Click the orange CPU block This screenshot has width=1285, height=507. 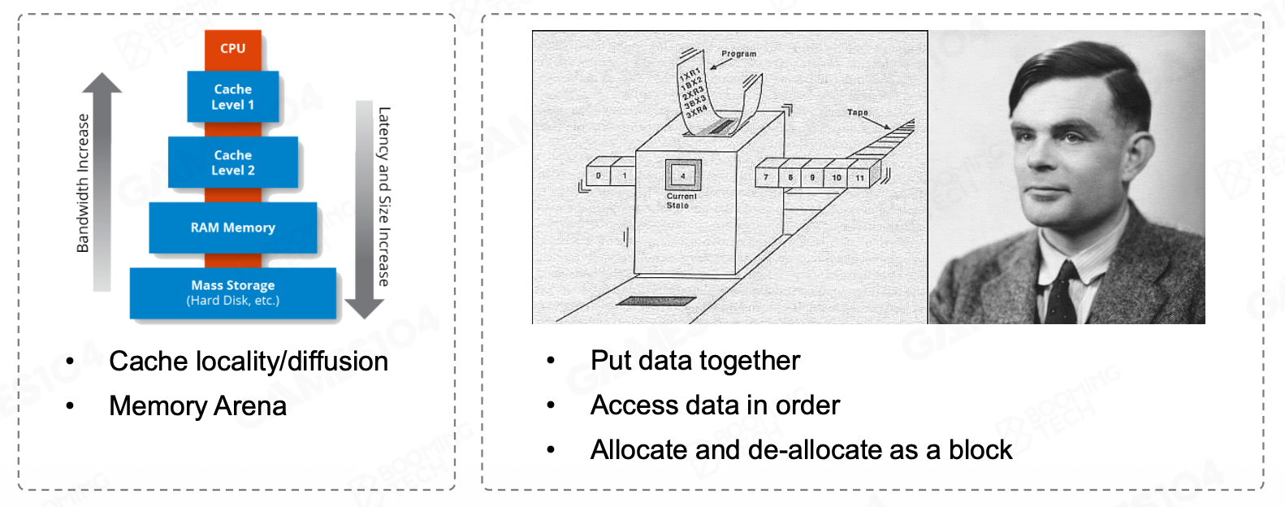click(232, 49)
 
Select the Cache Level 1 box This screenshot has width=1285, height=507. click(233, 97)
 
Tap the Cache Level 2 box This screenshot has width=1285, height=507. click(233, 162)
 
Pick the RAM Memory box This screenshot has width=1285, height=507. click(233, 227)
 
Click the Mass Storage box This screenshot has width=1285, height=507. click(233, 292)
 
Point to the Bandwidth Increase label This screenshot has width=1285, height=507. click(83, 183)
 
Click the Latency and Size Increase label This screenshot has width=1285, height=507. click(384, 197)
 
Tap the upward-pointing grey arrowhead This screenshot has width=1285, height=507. click(102, 83)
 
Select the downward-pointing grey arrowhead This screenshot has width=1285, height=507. click(364, 308)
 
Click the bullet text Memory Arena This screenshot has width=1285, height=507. click(197, 406)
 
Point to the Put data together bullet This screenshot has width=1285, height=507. click(694, 361)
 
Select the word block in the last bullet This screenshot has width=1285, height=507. click(980, 450)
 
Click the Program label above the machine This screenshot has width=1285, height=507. click(738, 54)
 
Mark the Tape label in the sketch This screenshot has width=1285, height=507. click(857, 113)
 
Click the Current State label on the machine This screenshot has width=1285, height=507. click(681, 201)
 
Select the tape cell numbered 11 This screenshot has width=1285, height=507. click(859, 177)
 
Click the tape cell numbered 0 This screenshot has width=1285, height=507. click(599, 175)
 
